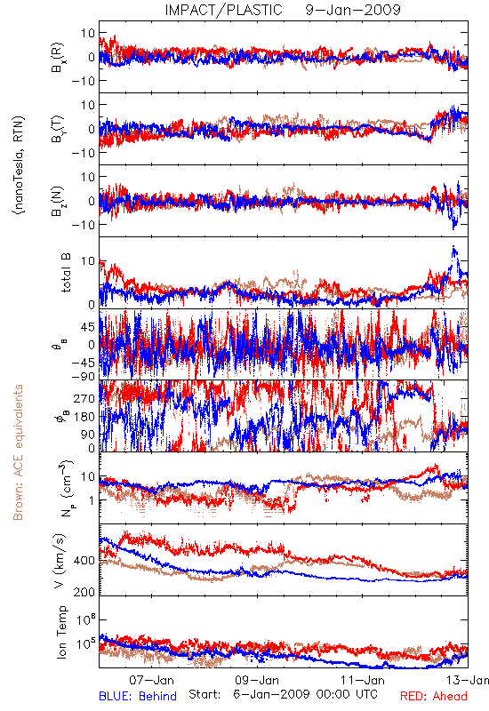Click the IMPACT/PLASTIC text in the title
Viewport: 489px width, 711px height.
[224, 10]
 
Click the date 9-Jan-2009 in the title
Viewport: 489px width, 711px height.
[353, 10]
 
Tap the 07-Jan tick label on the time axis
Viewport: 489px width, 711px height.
[151, 680]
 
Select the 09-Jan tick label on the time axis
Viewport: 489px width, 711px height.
[257, 680]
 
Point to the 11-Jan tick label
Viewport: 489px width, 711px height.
[363, 680]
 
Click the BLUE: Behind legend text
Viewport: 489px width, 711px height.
[138, 697]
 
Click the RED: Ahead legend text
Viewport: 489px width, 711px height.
[433, 697]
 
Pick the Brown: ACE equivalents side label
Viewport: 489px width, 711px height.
[18, 452]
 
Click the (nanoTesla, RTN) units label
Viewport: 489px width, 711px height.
[19, 164]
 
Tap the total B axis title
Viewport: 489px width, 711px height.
[66, 273]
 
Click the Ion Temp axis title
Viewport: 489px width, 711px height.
[61, 632]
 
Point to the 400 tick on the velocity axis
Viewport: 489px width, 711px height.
[84, 561]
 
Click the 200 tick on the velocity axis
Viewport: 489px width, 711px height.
[84, 592]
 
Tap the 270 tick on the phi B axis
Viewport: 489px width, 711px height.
[84, 398]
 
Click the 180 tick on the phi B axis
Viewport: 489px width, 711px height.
[84, 417]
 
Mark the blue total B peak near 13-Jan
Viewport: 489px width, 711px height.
[453, 247]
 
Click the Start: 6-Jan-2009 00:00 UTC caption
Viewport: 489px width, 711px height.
[283, 694]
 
